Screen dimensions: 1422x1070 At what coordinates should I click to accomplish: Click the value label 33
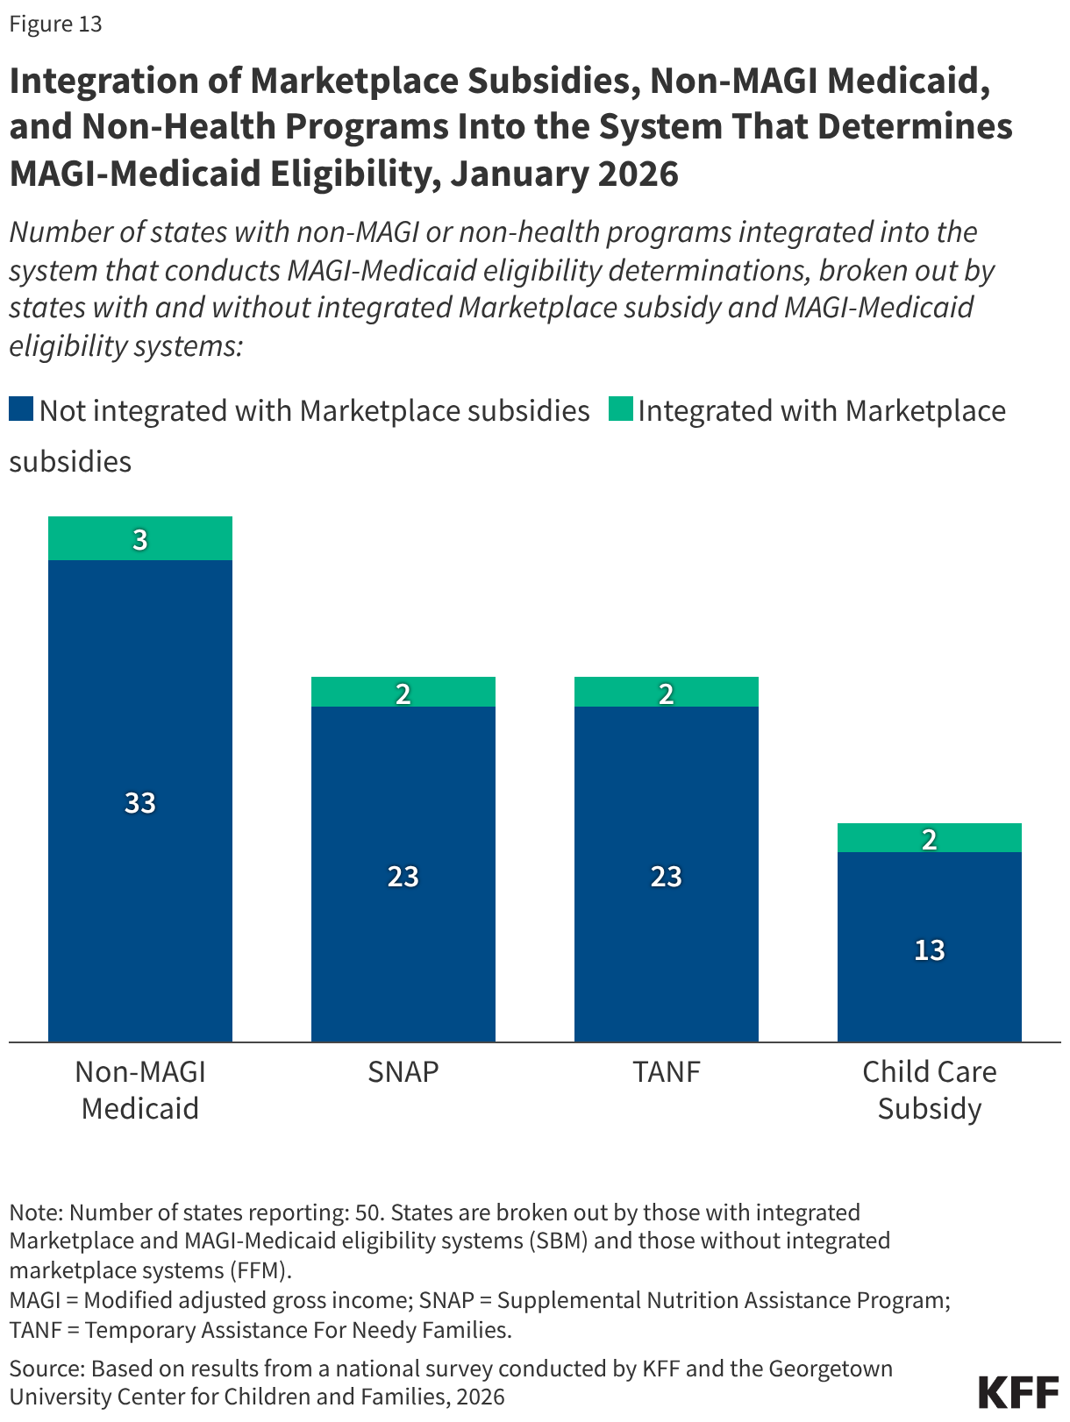pos(140,802)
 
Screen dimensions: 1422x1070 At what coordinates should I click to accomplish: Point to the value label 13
pos(930,949)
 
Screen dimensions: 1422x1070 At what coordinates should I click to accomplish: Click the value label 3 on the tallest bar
pos(140,540)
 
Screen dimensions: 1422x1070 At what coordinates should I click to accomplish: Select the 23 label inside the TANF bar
pos(667,876)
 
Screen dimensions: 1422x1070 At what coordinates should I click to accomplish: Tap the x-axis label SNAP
pos(403,1071)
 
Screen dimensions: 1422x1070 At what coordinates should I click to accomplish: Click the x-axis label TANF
pos(667,1071)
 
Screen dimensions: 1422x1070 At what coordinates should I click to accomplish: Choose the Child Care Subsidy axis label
pos(930,1090)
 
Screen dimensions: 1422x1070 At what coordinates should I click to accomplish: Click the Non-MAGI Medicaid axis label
pos(140,1090)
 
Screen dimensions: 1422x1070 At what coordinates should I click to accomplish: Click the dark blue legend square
pos(21,409)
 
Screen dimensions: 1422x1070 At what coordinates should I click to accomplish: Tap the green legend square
pos(621,409)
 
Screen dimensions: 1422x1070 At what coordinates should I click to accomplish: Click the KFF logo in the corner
pos(1018,1391)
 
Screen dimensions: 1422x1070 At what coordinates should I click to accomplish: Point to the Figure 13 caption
pos(56,24)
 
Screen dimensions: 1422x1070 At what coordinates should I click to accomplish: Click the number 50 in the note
pos(367,1212)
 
